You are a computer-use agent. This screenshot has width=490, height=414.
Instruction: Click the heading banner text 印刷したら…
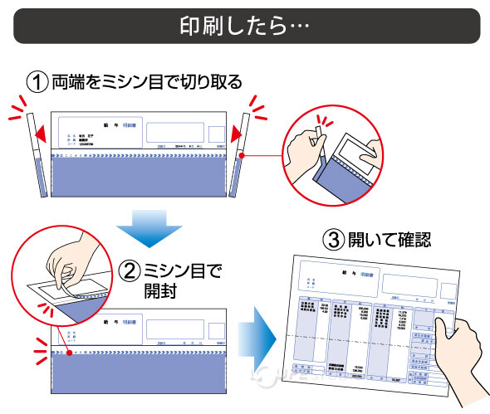(x=244, y=26)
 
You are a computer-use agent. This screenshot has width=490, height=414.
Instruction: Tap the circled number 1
(x=37, y=82)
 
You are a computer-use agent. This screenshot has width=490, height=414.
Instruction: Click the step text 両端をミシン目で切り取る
(x=147, y=82)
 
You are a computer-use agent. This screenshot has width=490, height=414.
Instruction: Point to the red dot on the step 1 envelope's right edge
(x=241, y=155)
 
